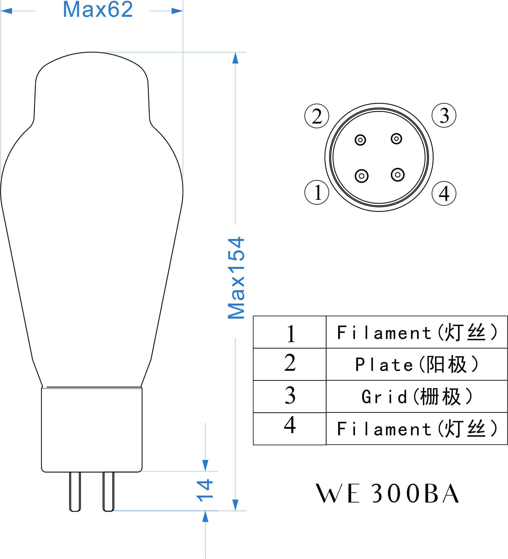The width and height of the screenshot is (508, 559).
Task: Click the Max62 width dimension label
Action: tap(98, 10)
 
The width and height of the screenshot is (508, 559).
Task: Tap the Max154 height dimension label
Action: tap(236, 278)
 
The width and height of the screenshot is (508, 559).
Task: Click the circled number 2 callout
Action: tap(317, 116)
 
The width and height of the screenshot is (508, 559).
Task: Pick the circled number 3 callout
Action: tap(444, 115)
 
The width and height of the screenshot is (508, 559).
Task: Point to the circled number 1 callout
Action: tap(317, 192)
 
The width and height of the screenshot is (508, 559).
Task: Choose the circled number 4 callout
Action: tap(444, 194)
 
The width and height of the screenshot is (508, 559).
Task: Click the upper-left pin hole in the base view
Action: tap(360, 140)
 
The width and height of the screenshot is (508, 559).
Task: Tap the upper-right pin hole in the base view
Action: tap(396, 139)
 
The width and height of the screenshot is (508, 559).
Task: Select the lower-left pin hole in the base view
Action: tap(361, 176)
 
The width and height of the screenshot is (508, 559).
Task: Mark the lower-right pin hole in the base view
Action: tap(398, 175)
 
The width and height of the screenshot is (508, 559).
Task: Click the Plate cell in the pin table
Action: tap(417, 364)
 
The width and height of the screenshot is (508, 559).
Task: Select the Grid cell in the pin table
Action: tap(417, 396)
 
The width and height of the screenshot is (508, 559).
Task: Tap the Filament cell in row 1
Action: tap(417, 332)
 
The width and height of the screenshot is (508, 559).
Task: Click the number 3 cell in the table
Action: tap(290, 396)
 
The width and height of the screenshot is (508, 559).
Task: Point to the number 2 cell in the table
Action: tap(290, 364)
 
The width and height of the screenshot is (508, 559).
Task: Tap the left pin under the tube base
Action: tap(75, 491)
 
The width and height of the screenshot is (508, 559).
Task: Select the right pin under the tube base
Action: tap(108, 491)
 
